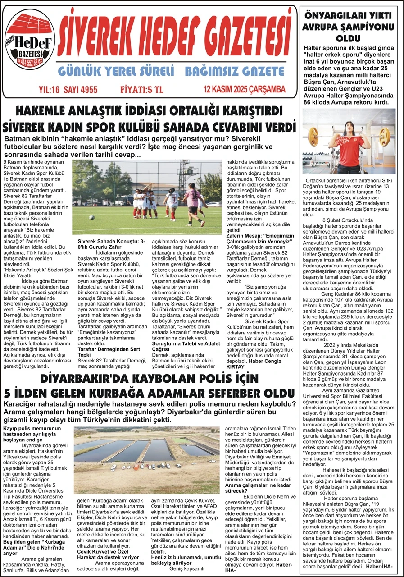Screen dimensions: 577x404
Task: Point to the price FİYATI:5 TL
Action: (141, 90)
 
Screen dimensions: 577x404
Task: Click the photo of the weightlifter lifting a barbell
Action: (349, 141)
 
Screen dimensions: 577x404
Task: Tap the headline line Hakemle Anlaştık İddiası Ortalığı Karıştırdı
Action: (149, 111)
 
